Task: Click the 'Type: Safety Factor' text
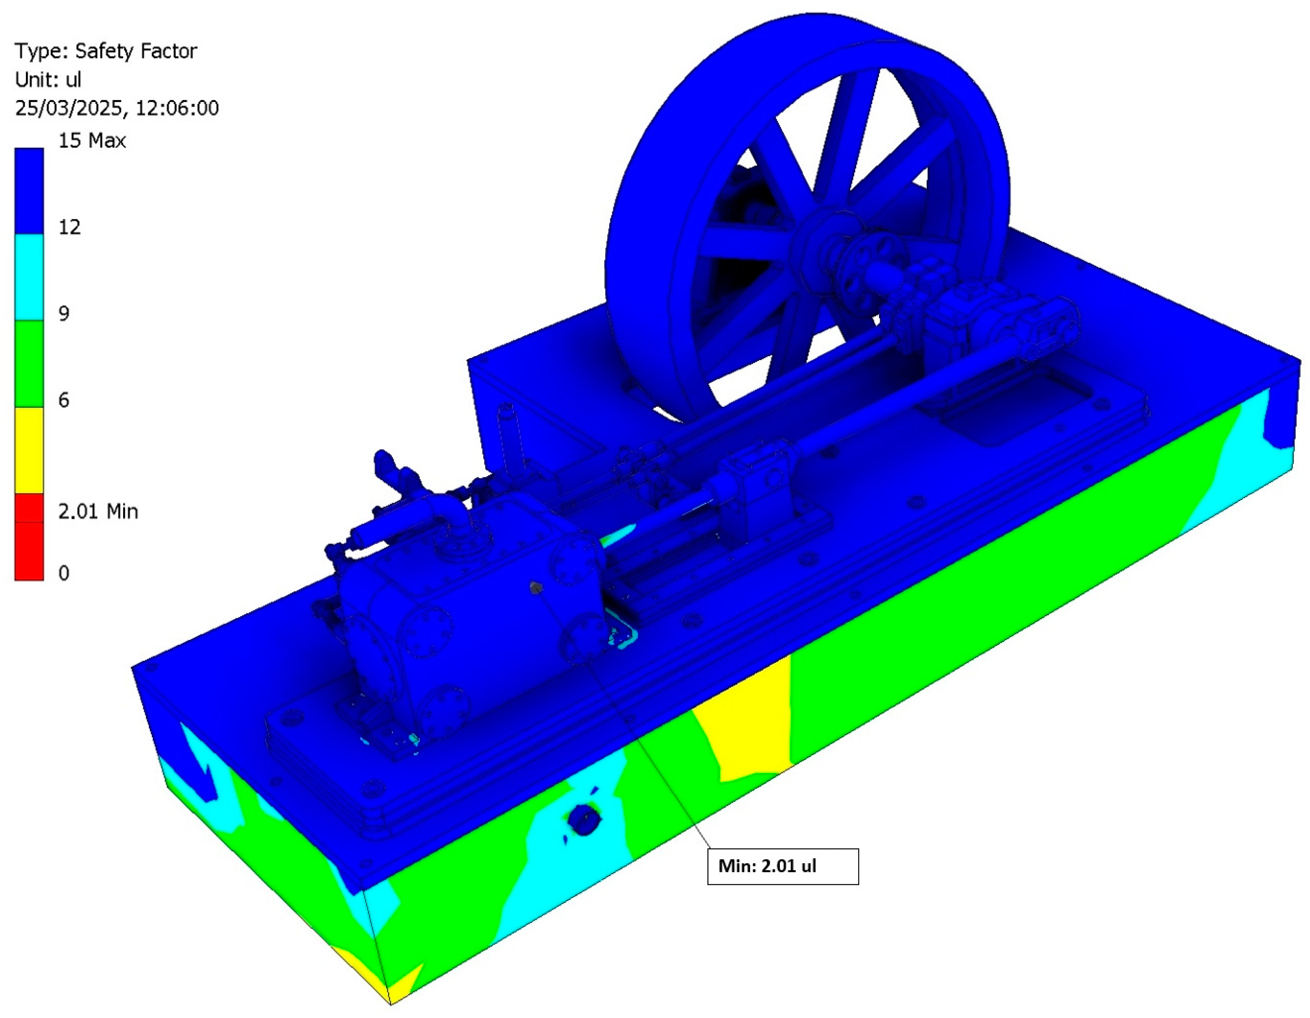(x=106, y=51)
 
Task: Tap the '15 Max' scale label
(x=92, y=141)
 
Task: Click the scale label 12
(x=69, y=227)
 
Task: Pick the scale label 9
(x=64, y=313)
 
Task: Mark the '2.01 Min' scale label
(x=98, y=511)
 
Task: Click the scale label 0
(x=64, y=573)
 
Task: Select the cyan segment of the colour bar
(x=29, y=277)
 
